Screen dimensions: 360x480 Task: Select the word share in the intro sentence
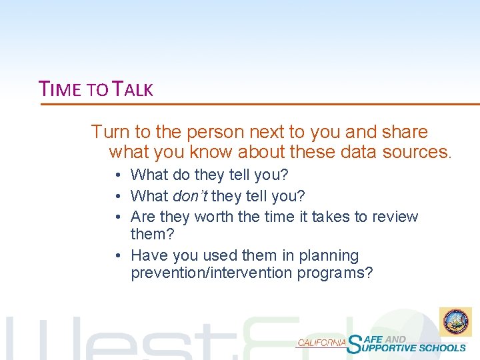tap(405, 132)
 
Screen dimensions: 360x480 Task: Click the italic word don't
tap(191, 196)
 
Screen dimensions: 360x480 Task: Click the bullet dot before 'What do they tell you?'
tap(117, 175)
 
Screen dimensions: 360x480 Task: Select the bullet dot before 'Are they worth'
tap(117, 217)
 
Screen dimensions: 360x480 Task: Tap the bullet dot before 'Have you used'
tap(117, 256)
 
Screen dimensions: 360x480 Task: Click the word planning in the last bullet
tap(329, 255)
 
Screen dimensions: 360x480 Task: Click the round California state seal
tap(455, 322)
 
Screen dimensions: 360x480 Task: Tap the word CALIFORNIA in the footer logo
tap(321, 342)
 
